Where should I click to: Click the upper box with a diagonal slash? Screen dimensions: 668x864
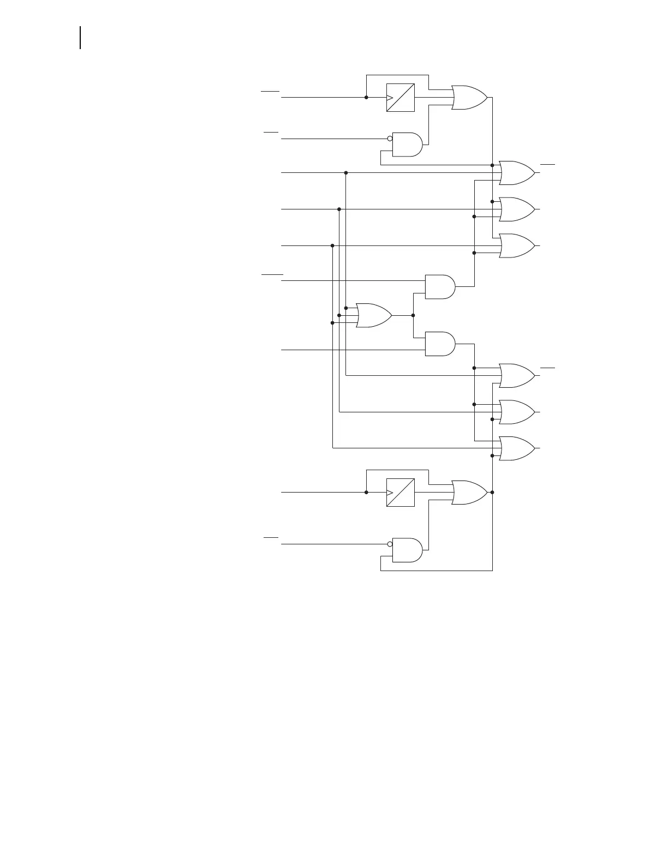click(x=400, y=98)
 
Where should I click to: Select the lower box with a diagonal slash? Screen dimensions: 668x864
click(x=400, y=493)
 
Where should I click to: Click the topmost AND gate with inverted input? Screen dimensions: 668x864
click(x=407, y=144)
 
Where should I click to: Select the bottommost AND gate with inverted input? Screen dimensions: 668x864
click(x=407, y=550)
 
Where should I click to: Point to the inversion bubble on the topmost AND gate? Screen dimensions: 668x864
click(x=390, y=139)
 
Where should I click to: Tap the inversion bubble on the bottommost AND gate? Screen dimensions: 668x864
click(x=390, y=544)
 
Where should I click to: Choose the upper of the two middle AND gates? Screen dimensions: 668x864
click(x=440, y=287)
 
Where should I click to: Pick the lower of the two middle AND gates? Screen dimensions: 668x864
click(x=440, y=344)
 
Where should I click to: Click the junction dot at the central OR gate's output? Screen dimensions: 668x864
click(x=413, y=315)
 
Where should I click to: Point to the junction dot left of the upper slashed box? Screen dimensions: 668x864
click(x=366, y=98)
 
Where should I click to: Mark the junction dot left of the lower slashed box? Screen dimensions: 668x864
click(x=366, y=493)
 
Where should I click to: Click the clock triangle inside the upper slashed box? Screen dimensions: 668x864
click(x=390, y=98)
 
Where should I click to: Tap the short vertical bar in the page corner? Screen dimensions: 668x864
click(x=80, y=38)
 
